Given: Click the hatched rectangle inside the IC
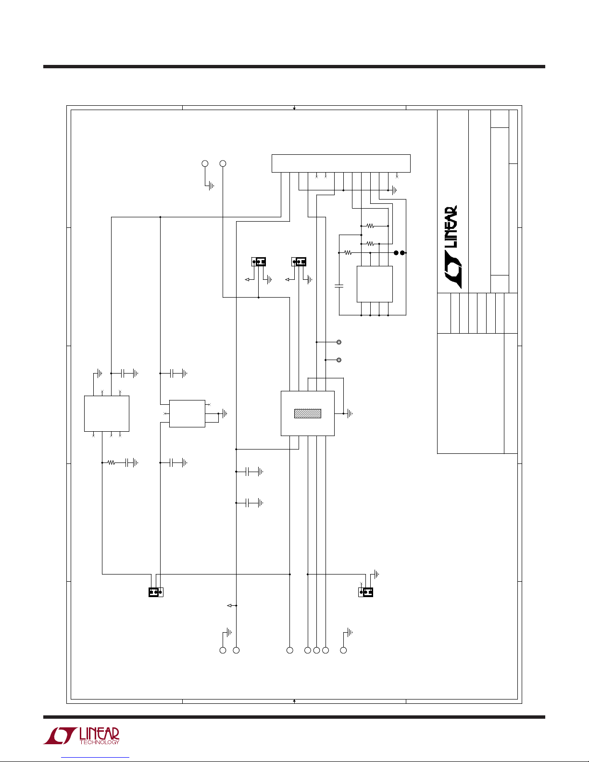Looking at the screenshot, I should coord(307,413).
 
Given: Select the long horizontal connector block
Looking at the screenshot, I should coord(341,163).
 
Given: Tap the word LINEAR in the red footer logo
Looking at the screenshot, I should coord(99,734).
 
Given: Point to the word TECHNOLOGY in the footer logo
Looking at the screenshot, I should coord(99,742).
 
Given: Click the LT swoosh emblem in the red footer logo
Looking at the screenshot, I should coord(60,736).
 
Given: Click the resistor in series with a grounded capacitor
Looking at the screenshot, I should coord(112,462).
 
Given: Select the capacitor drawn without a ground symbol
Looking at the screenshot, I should coord(339,286).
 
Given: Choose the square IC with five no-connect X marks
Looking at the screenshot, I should coord(106,413).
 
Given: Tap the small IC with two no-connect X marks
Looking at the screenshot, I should coord(187,413).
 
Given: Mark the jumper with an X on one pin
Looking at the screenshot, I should coord(366,592).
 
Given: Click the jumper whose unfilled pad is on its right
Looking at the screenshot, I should coord(156,592).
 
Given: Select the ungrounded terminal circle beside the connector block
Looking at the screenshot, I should coord(223,163).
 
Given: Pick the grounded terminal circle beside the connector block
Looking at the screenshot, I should coord(204,163).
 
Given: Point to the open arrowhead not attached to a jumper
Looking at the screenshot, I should coord(229,605).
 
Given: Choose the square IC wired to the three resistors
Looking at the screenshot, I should coord(375,284).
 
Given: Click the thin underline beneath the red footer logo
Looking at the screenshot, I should coord(95,757).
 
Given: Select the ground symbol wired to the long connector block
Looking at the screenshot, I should coord(394,190).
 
